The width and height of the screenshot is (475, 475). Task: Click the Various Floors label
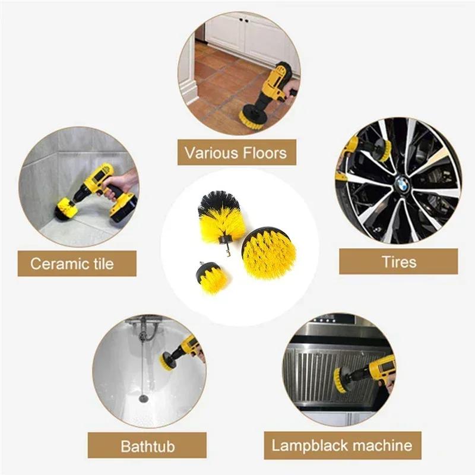pos(236,153)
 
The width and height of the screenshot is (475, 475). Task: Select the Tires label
pos(398,261)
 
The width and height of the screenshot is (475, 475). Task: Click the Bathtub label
pos(147,445)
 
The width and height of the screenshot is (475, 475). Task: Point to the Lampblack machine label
pos(341,445)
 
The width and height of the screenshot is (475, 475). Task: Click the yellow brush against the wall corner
pos(66,208)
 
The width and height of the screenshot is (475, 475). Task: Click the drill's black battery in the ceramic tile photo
pos(123,209)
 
